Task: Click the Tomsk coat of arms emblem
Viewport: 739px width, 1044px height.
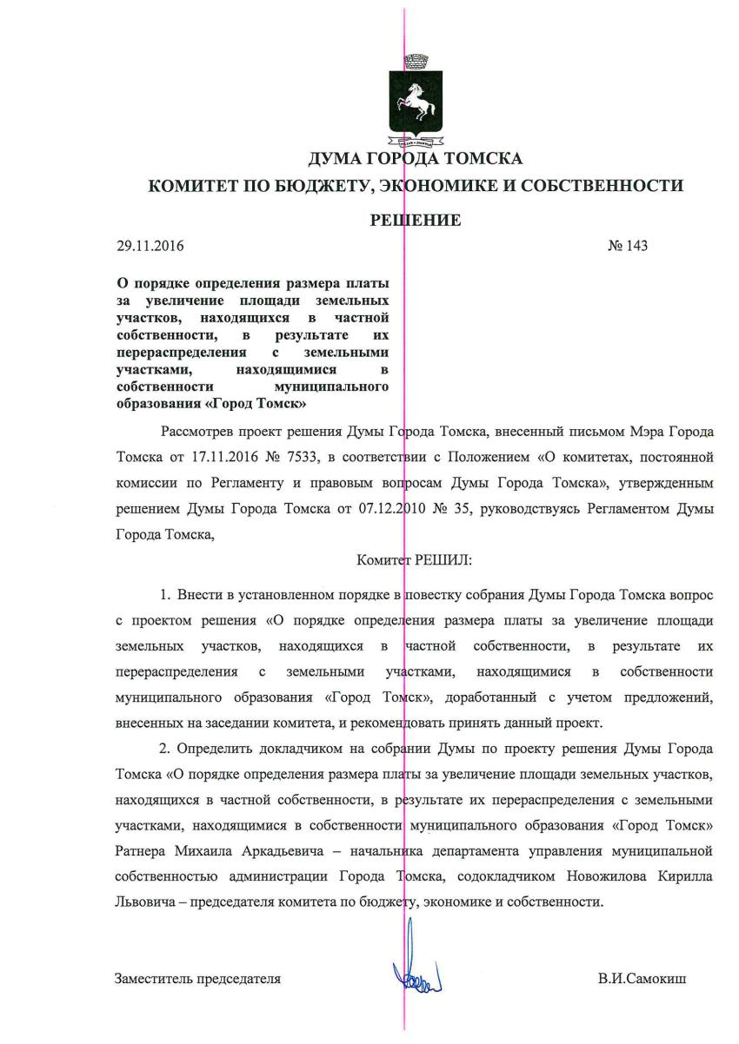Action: [414, 102]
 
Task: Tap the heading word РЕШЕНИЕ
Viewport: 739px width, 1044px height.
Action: [415, 220]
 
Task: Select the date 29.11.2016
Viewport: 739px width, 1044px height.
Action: [150, 246]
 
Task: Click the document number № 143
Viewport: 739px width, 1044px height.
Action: [627, 246]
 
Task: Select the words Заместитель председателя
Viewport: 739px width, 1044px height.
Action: [197, 979]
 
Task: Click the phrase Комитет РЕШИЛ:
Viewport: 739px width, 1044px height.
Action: [414, 561]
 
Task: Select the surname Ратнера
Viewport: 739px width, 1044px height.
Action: [143, 848]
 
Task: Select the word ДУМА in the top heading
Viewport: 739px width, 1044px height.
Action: [337, 159]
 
